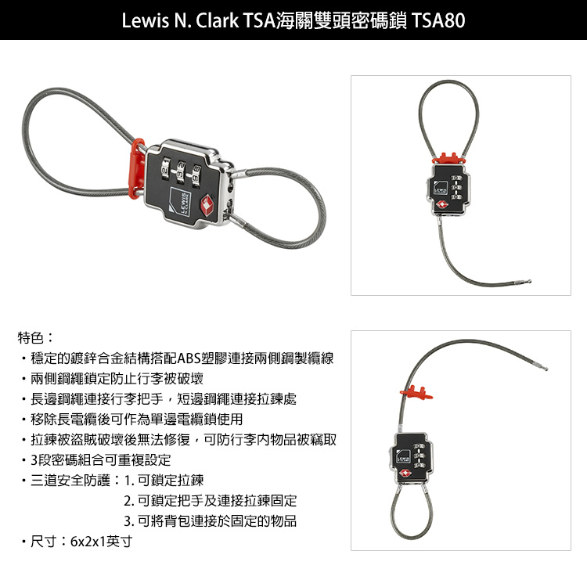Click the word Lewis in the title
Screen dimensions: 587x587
tap(145, 20)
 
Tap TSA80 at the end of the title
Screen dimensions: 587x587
tap(438, 20)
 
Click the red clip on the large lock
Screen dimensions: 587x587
tap(137, 168)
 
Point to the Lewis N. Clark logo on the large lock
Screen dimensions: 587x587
tap(181, 201)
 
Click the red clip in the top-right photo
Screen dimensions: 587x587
tap(449, 159)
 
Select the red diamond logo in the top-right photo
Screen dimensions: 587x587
tap(441, 205)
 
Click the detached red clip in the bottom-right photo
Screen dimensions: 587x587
tap(416, 393)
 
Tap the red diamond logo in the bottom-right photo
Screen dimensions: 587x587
tap(405, 474)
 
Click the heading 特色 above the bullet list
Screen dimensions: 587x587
tap(31, 337)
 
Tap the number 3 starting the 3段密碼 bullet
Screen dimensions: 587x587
tap(34, 460)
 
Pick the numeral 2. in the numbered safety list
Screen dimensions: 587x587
tap(129, 501)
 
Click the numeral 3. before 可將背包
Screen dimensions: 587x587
tap(129, 521)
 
